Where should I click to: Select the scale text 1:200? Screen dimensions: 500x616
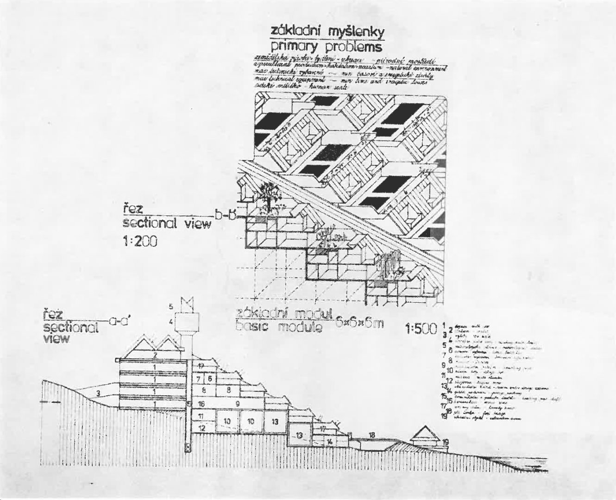tap(140, 241)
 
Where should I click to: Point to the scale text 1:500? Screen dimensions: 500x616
tap(421, 329)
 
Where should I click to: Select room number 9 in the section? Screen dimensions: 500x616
tap(238, 404)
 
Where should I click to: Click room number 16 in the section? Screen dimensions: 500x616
tap(201, 404)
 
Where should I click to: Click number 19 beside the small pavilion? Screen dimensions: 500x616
tap(445, 443)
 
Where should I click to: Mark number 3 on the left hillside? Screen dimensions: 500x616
tap(99, 394)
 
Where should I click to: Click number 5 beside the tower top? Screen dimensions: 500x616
tap(171, 306)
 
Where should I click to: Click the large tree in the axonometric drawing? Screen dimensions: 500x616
tap(268, 194)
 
